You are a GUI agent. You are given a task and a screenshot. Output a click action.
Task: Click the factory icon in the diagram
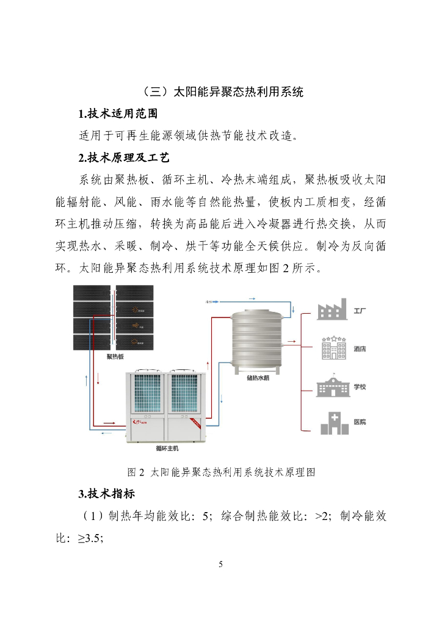(x=332, y=310)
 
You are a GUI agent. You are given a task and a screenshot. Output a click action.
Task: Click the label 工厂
(x=360, y=311)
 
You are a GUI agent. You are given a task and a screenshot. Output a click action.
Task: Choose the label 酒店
(x=360, y=349)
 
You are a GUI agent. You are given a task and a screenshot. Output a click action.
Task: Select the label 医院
(x=360, y=422)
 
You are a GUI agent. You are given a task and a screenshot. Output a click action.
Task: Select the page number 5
(x=221, y=564)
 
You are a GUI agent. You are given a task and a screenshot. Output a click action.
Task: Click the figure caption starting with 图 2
(x=220, y=472)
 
